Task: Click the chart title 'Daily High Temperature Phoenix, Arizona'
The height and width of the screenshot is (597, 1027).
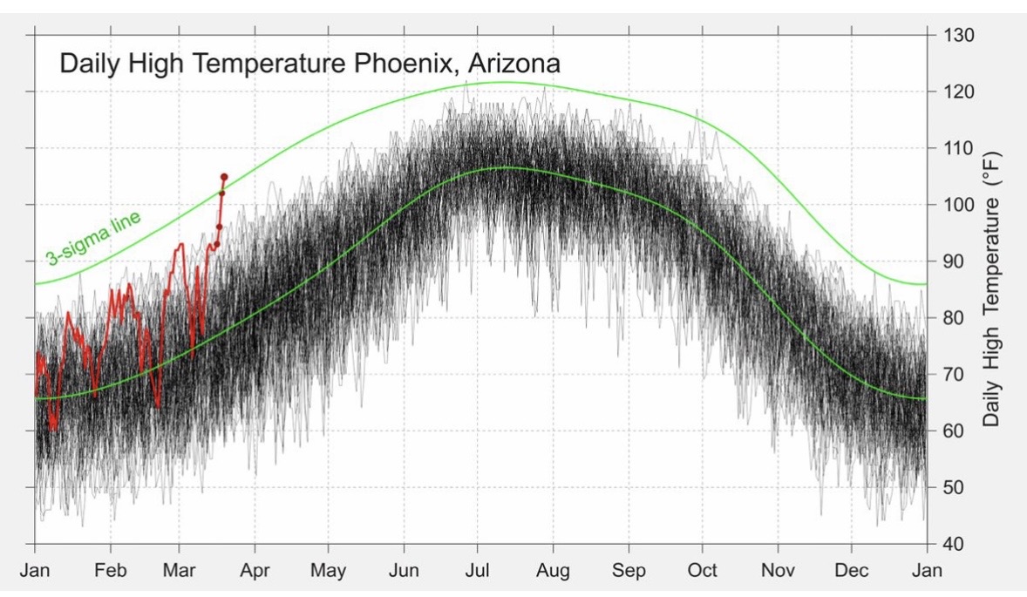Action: point(309,64)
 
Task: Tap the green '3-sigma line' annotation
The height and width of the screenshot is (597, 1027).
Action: point(93,237)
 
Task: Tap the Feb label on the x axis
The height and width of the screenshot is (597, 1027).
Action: point(110,571)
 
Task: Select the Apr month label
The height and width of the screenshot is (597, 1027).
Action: point(255,571)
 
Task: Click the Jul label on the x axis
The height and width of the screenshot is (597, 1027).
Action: point(477,571)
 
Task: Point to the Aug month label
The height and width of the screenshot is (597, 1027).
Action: point(553,571)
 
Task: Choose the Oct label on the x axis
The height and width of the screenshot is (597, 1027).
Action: point(703,571)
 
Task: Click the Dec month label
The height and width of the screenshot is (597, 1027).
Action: point(852,571)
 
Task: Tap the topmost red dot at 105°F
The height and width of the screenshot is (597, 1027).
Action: point(224,177)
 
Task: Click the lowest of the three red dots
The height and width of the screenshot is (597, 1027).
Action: point(219,227)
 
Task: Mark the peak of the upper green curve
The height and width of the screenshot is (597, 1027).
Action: point(503,82)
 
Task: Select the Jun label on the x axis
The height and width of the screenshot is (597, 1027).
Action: point(404,571)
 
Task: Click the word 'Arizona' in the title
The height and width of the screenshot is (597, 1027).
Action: point(514,64)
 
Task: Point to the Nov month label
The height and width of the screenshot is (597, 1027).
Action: point(778,571)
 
